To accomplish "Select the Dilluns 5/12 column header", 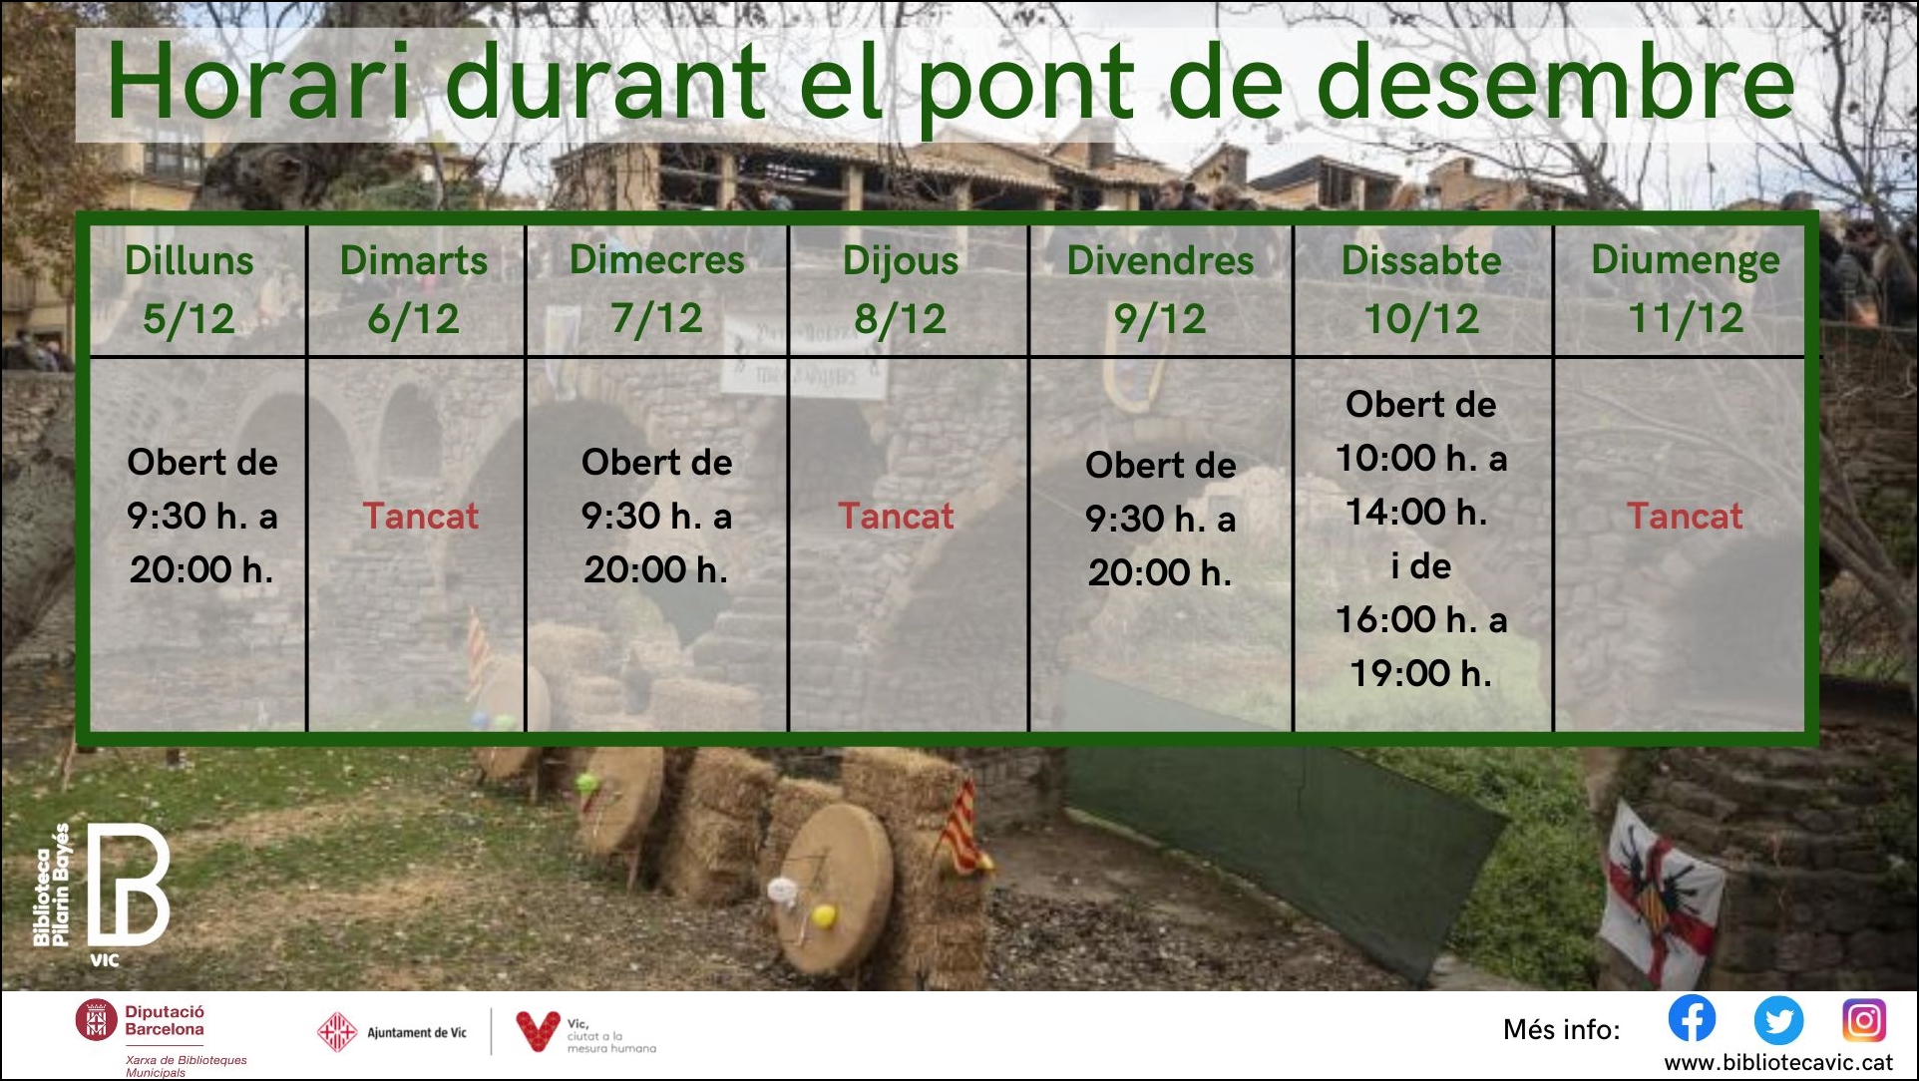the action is click(x=190, y=289).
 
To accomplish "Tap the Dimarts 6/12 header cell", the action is click(x=414, y=289).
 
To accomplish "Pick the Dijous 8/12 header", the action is click(x=901, y=289).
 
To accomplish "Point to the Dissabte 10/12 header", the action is click(x=1421, y=289).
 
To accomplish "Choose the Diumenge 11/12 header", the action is click(x=1686, y=289).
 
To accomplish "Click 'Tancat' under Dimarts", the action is click(x=420, y=516).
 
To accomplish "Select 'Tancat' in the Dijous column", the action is click(x=896, y=516).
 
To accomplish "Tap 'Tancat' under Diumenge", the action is click(x=1685, y=516).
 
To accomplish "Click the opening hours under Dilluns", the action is click(x=202, y=516).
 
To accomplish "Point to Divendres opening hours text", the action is click(x=1161, y=519).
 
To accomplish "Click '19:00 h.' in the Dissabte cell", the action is click(x=1421, y=673).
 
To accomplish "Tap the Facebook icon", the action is click(x=1693, y=1018).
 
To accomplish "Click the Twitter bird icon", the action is click(x=1778, y=1020).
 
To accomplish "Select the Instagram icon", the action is click(x=1864, y=1020).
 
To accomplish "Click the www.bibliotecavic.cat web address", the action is click(x=1778, y=1063).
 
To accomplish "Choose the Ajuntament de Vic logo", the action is click(x=392, y=1033).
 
